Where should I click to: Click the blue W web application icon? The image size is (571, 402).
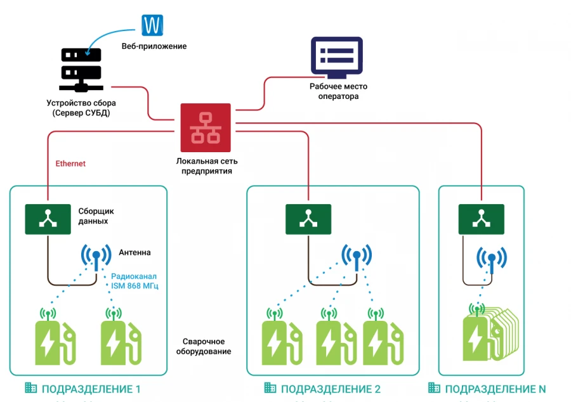coord(153,25)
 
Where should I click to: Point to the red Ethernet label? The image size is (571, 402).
coord(70,164)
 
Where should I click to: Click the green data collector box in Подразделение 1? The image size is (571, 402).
coord(48,219)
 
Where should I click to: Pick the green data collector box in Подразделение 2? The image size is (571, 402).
coord(308,219)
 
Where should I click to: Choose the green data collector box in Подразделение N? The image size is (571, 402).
coord(481,219)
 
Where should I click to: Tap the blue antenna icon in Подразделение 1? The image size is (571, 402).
coord(96,257)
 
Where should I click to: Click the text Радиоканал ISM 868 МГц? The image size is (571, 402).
coord(135,281)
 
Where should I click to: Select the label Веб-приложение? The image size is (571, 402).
coord(154,47)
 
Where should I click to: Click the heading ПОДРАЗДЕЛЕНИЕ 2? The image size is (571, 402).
coord(331,389)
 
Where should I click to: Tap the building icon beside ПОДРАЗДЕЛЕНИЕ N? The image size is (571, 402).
coord(434,388)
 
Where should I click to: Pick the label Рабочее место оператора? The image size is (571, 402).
coord(338,91)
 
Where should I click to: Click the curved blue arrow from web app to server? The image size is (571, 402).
coord(108,38)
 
